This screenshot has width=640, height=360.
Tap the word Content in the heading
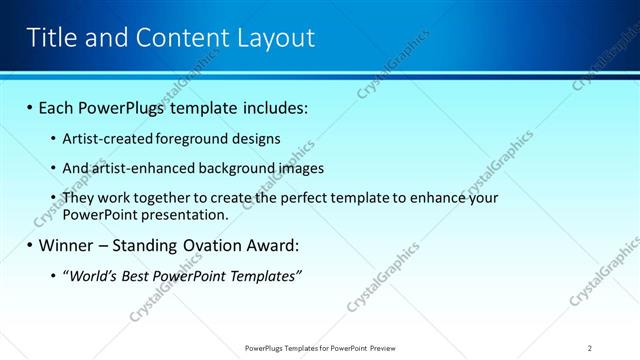pyautogui.click(x=184, y=38)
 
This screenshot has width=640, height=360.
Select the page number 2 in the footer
pyautogui.click(x=590, y=348)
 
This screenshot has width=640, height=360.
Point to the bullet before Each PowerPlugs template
pyautogui.click(x=30, y=106)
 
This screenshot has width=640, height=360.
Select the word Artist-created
pyautogui.click(x=104, y=138)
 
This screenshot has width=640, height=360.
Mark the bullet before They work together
pyautogui.click(x=54, y=198)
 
